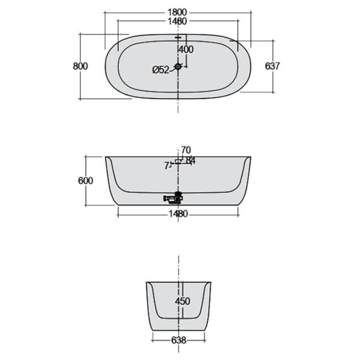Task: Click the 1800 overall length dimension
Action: [x=179, y=12]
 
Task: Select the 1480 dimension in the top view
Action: [x=179, y=21]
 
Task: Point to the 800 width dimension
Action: [x=80, y=66]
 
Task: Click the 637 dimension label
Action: [x=273, y=66]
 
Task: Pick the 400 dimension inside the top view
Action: [x=186, y=49]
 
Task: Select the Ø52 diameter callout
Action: [x=161, y=69]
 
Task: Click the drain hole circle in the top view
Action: [x=178, y=67]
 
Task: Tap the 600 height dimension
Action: [x=85, y=180]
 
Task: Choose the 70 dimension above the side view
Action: [x=185, y=150]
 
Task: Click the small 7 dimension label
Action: [x=166, y=166]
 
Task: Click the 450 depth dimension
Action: [x=182, y=301]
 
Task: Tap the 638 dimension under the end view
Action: [x=179, y=341]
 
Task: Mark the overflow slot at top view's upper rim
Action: [x=179, y=37]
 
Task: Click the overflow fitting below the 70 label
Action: [x=179, y=160]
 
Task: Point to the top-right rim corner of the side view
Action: [x=250, y=157]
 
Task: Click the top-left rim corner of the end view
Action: [x=146, y=283]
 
